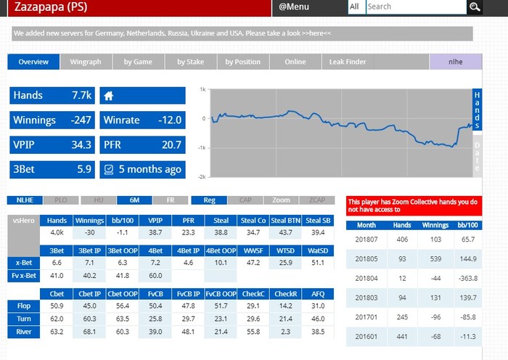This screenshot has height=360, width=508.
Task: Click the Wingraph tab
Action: [x=85, y=62]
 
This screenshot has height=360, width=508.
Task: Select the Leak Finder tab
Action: [x=348, y=62]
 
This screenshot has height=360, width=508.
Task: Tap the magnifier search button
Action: [x=475, y=7]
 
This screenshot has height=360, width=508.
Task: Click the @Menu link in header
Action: [x=294, y=7]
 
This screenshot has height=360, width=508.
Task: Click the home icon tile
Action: [x=142, y=96]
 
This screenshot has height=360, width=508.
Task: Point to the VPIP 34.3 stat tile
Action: [x=52, y=145]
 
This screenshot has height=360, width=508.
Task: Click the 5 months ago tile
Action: [x=142, y=170]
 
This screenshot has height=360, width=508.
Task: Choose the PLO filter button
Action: [x=62, y=200]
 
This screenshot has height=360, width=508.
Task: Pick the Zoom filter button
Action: [x=281, y=200]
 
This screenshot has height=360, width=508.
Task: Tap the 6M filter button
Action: [x=134, y=200]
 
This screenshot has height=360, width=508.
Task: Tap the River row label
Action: [x=23, y=332]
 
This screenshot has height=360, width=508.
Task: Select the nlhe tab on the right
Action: [x=455, y=62]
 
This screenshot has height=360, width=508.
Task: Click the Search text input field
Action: [x=414, y=7]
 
